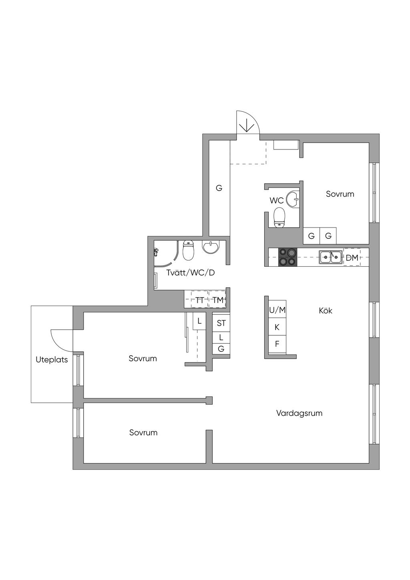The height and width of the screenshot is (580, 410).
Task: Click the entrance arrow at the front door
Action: click(247, 126)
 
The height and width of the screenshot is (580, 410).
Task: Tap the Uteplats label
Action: click(52, 360)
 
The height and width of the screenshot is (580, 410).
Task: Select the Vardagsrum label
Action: click(299, 413)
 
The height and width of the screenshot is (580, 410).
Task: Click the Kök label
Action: click(326, 310)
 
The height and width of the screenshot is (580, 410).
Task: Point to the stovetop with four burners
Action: click(287, 258)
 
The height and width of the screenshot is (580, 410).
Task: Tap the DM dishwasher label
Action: click(352, 258)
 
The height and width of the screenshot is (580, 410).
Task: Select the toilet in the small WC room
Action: click(279, 217)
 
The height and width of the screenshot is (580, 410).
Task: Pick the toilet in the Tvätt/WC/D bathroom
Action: click(188, 250)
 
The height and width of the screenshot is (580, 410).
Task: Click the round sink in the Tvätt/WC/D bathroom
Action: click(211, 247)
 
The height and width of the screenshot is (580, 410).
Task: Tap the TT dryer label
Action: click(199, 300)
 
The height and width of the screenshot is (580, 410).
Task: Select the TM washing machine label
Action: click(218, 300)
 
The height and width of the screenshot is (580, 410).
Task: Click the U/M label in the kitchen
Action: click(277, 310)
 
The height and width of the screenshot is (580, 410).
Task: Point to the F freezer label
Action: click(277, 344)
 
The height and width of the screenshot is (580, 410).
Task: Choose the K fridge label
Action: click(277, 327)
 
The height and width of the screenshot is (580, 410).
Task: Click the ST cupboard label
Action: click(221, 323)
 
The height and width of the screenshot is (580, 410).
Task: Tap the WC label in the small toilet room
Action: click(277, 200)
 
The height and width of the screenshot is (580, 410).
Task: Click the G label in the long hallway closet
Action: click(219, 188)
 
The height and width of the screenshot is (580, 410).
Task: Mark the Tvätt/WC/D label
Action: click(191, 273)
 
